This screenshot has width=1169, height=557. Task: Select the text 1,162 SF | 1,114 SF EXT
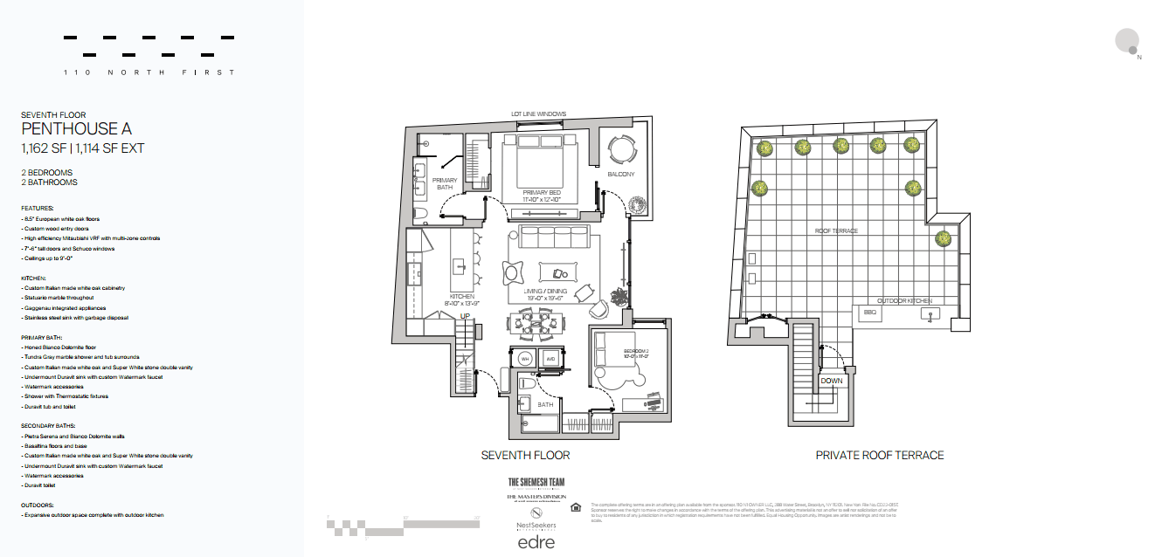[x=82, y=148]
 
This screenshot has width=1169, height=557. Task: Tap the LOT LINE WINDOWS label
[x=538, y=114]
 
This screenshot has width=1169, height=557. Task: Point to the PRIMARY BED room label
[x=542, y=192]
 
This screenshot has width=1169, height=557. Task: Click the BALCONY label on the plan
[x=620, y=175]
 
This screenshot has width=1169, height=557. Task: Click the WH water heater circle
[x=526, y=359]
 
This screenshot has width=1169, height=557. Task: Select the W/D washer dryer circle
[x=551, y=359]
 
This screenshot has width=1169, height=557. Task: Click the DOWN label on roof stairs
[x=832, y=381]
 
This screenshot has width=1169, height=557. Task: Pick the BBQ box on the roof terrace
[x=869, y=312]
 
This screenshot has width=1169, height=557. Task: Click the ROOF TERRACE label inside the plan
[x=838, y=231]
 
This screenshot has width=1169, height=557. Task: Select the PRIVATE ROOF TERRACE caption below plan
[x=879, y=455]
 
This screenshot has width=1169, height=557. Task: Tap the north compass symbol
[x=1127, y=41]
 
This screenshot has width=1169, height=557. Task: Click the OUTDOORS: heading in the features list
[x=38, y=505]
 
